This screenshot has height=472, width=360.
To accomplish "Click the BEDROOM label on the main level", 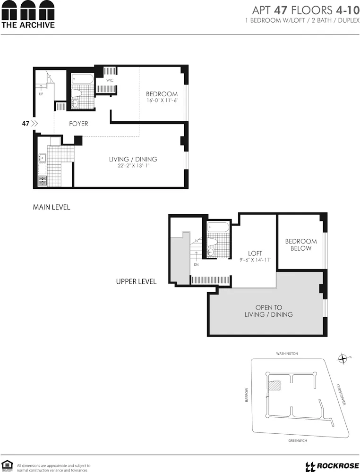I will [x=162, y=94].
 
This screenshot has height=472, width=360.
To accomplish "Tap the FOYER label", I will [x=78, y=124].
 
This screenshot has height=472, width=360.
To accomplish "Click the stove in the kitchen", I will [x=42, y=180].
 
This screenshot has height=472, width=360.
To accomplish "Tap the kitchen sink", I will [x=42, y=158].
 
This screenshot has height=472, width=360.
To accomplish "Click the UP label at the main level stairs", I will [x=41, y=94].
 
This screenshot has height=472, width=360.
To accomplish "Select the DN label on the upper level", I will [x=196, y=265].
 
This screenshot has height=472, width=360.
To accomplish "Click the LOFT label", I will [x=255, y=253].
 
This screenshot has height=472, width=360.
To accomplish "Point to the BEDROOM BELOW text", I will [x=300, y=244].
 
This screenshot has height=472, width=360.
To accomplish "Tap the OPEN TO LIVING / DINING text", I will [x=268, y=311].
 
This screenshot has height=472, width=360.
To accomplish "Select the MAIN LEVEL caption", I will [x=51, y=207].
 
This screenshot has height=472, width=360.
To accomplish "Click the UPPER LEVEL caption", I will [x=136, y=281].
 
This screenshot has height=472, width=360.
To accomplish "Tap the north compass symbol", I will [x=343, y=359].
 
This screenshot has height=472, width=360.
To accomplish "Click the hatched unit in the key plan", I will [x=274, y=385].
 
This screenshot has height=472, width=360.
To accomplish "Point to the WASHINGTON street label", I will [x=287, y=354].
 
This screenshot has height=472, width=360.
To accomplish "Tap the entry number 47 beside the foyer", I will [x=26, y=124].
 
